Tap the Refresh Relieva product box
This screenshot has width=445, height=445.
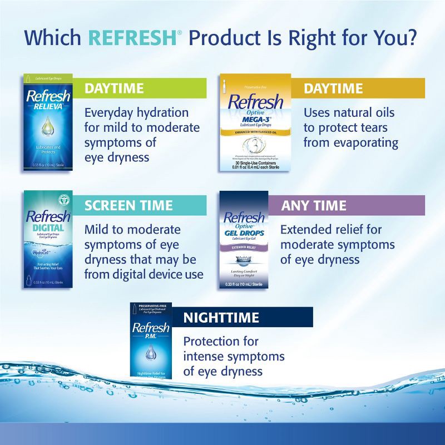tap(48, 122)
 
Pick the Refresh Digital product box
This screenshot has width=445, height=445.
tap(48, 239)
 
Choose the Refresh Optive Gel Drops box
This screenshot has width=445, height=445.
tap(244, 239)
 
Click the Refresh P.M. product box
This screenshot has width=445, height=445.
tap(151, 340)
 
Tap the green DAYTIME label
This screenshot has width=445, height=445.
tap(114, 88)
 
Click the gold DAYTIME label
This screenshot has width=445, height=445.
tap(333, 88)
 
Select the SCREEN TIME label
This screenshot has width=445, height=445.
tap(128, 205)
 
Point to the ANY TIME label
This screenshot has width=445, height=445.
tap(314, 205)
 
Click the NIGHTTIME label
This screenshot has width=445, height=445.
tap(221, 317)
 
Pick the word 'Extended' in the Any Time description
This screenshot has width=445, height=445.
tap(308, 230)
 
